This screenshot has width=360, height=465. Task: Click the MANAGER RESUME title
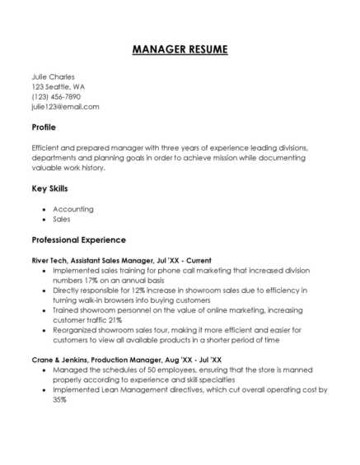(180, 49)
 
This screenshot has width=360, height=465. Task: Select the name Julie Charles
(53, 77)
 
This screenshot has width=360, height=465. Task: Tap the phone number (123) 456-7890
(56, 96)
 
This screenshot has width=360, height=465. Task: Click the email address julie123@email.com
(65, 106)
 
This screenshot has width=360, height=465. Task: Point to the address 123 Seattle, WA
(58, 86)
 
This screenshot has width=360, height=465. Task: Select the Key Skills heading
(49, 188)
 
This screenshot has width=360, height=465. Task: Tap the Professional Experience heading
(78, 239)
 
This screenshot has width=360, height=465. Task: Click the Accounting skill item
(73, 209)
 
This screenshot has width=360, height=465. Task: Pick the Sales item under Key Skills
(62, 219)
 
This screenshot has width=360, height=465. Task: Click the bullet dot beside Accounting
(43, 209)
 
